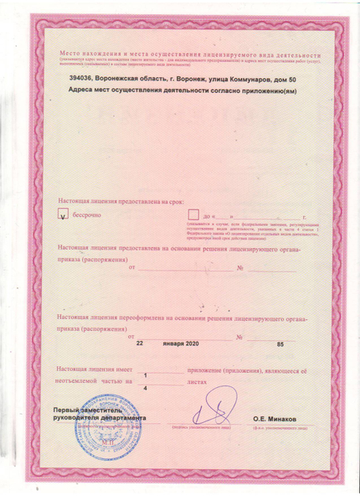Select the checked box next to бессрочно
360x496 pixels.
click(61, 215)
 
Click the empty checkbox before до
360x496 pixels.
click(193, 214)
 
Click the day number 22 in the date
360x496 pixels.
click(141, 344)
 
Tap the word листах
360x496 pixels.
click(194, 381)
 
